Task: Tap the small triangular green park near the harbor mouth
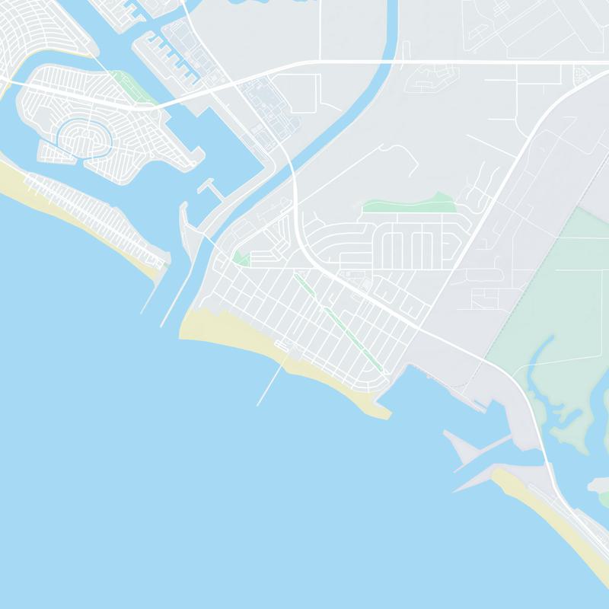(241, 259)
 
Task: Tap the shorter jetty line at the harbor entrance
(152, 293)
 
